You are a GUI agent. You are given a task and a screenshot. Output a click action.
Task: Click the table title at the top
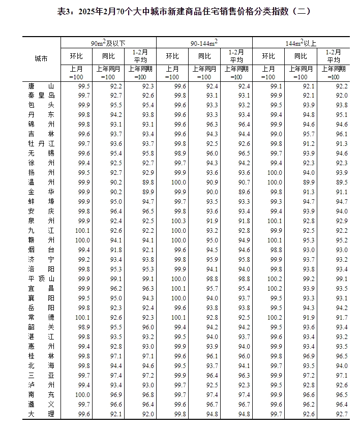click(181, 11)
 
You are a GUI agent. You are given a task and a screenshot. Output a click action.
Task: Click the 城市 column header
click(41, 58)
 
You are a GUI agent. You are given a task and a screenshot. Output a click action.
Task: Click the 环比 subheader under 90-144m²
click(172, 56)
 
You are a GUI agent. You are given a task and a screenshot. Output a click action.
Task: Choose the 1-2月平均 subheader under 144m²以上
click(333, 56)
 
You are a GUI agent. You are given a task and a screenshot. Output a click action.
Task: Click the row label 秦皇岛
click(41, 96)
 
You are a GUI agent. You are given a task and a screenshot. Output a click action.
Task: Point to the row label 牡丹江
click(41, 144)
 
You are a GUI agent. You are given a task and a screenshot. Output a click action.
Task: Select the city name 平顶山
click(41, 279)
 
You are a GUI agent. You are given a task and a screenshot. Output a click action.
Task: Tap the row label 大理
click(41, 414)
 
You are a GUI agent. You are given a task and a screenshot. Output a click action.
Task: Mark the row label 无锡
click(41, 153)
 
